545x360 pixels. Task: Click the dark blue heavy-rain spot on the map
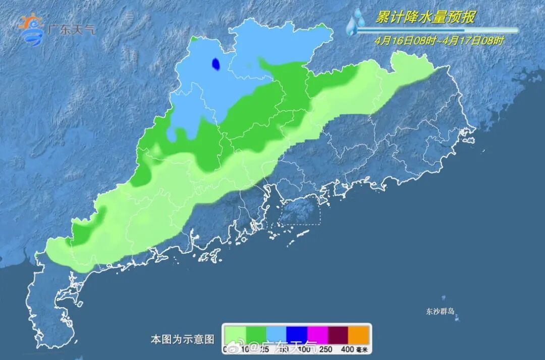(215, 64)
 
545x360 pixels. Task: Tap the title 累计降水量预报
(425, 18)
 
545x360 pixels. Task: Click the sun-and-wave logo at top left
(31, 30)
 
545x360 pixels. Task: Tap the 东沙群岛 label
(440, 311)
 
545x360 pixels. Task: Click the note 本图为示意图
(182, 339)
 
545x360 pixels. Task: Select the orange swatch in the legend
(360, 334)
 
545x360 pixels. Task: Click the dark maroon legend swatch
(339, 334)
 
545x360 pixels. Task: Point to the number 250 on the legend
(326, 349)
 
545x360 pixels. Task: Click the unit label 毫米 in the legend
(363, 349)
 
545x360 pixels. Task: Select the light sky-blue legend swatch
(276, 334)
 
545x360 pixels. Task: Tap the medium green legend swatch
(255, 334)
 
